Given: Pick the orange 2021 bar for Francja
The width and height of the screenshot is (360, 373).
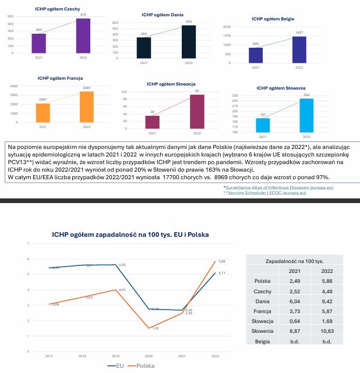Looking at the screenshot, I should pos(43,113).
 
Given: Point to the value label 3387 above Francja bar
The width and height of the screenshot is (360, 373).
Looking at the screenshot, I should pos(86,88).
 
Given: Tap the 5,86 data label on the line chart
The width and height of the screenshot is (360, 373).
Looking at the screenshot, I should pos(221,262).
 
